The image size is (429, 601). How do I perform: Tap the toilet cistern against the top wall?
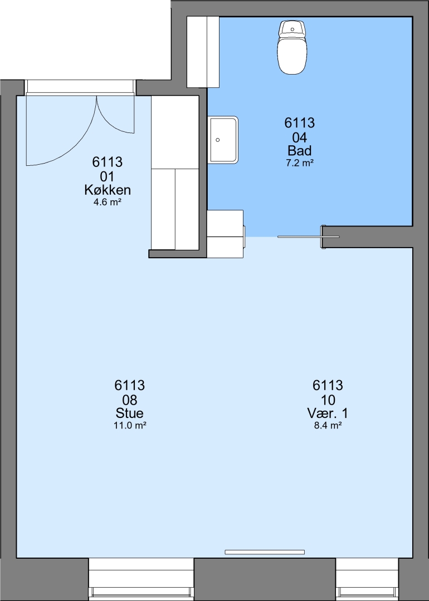click(292, 28)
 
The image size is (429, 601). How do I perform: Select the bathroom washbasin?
click(224, 140)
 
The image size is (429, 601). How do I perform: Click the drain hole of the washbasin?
click(218, 140)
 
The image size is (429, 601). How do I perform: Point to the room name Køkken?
click(108, 190)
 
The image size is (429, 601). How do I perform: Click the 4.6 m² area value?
click(108, 202)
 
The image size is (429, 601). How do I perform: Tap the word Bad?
click(300, 150)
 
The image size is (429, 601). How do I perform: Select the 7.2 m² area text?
click(300, 163)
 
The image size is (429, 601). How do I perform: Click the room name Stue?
click(130, 413)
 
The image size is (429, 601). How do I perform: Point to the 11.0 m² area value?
click(130, 425)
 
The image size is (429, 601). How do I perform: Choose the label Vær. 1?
click(328, 413)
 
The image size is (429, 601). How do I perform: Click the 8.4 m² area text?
click(328, 425)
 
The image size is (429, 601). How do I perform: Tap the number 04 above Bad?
click(300, 137)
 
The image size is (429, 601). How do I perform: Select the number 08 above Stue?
click(130, 400)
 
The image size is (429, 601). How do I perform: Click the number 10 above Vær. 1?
click(328, 400)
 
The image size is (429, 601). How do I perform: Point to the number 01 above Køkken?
click(108, 176)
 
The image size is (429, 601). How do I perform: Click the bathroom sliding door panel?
click(308, 237)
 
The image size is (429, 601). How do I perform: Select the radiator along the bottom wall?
click(265, 552)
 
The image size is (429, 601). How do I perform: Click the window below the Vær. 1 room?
click(368, 579)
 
